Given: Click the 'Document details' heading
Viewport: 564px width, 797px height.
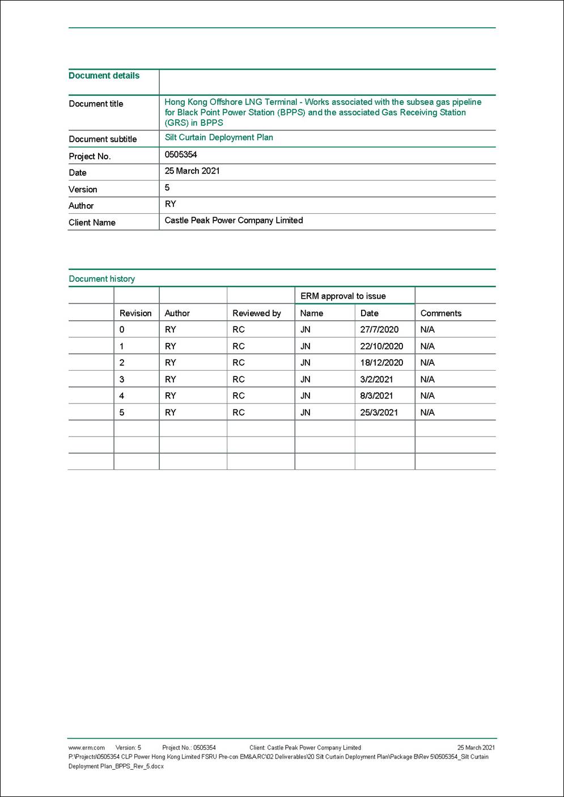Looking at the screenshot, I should click(x=104, y=75).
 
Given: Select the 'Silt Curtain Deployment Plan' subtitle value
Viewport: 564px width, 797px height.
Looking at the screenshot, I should click(x=219, y=137).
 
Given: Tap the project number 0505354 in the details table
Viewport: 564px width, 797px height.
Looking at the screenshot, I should click(x=181, y=154).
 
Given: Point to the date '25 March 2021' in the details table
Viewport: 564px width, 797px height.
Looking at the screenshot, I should click(x=192, y=171).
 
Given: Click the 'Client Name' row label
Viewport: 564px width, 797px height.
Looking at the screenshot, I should click(x=92, y=222).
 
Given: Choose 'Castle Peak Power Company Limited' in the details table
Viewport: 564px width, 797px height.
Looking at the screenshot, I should click(x=234, y=220).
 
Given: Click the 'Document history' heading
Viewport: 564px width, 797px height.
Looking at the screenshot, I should click(x=101, y=278).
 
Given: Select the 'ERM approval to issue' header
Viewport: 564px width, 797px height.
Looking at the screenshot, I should click(x=343, y=296).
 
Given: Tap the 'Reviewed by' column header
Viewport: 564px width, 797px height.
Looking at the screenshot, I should click(x=256, y=313).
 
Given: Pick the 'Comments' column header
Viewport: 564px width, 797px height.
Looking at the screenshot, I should click(x=440, y=313).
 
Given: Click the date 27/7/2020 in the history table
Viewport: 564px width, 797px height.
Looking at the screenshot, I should click(x=379, y=329).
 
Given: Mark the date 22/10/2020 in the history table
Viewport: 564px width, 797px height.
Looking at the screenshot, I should click(x=381, y=346).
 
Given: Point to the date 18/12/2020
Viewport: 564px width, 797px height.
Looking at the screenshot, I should click(x=381, y=362).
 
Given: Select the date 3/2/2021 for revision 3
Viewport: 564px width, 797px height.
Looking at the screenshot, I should click(x=376, y=379).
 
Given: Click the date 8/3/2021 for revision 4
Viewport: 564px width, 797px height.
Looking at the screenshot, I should click(x=376, y=396).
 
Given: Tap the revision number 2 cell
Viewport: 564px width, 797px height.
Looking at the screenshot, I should click(x=122, y=362).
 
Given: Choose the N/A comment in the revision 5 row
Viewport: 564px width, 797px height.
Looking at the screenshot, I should click(x=427, y=412).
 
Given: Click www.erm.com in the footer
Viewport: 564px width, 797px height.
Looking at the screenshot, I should click(x=86, y=748).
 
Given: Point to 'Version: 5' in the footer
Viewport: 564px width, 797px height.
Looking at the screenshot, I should click(x=128, y=748).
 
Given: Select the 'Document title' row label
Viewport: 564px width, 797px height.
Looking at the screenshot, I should click(x=96, y=104).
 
